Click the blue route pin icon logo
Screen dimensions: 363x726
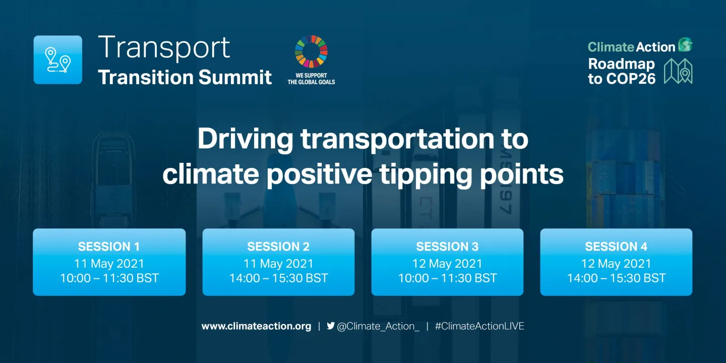click(57, 59)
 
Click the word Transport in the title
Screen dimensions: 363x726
click(164, 47)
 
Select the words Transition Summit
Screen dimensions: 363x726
click(185, 77)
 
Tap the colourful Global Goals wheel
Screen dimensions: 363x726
click(311, 52)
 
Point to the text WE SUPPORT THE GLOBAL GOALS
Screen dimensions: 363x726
click(311, 79)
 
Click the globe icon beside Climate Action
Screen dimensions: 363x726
click(685, 45)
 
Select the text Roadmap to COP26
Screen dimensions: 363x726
click(621, 71)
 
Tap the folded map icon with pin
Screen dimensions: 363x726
click(678, 71)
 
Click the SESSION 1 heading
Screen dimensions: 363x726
click(109, 247)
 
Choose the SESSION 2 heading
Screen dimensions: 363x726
click(278, 247)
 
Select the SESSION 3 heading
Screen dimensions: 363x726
click(447, 247)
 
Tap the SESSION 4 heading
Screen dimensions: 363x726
click(616, 247)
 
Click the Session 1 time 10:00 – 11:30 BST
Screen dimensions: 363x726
click(109, 278)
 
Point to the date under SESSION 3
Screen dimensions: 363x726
click(447, 263)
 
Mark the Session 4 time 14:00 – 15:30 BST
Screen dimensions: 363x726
click(616, 278)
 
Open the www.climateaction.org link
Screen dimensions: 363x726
click(256, 326)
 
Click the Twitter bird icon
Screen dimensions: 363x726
click(331, 326)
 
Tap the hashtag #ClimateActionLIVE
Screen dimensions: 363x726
click(479, 326)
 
